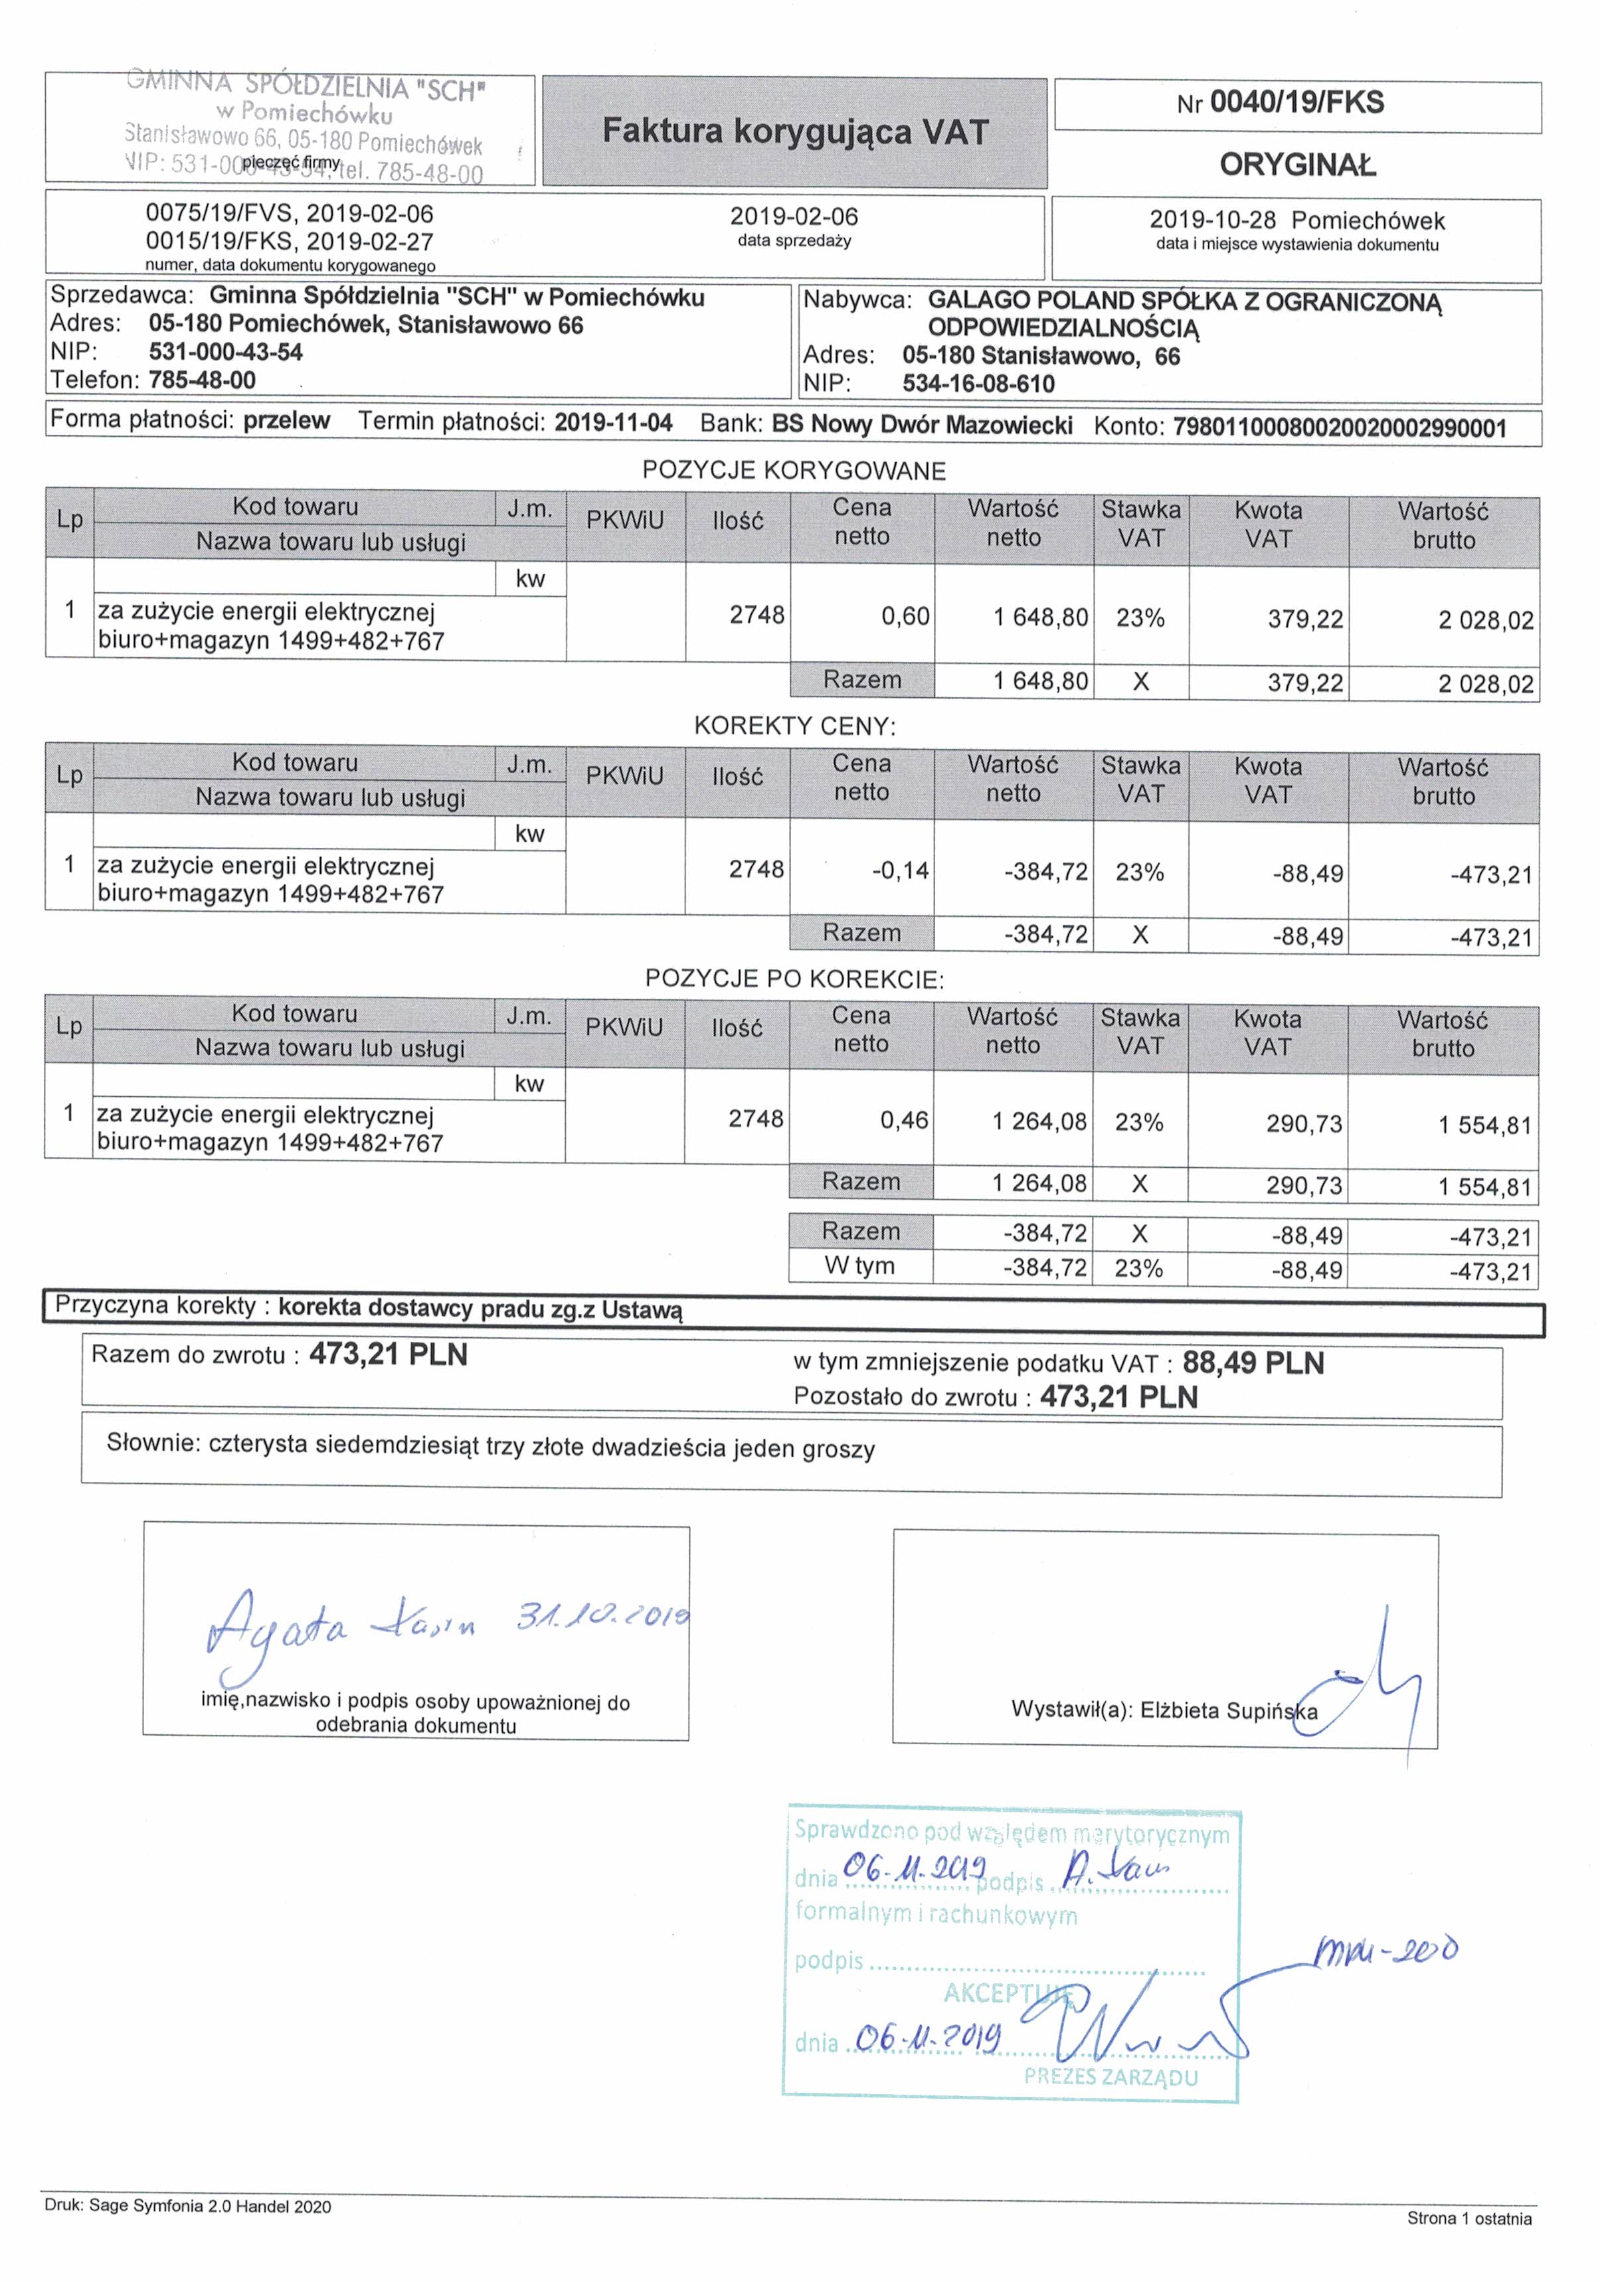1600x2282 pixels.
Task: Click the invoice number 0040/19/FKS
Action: (1296, 102)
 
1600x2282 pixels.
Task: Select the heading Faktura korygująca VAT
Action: (794, 132)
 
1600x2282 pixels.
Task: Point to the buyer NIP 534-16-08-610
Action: (978, 384)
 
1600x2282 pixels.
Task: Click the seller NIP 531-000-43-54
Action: (226, 352)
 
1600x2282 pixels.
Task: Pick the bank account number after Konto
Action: (1340, 428)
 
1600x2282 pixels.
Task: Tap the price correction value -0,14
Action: (900, 872)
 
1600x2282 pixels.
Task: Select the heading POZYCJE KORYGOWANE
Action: (794, 471)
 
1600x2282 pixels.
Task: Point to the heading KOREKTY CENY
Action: (794, 726)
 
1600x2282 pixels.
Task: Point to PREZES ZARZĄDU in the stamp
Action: (1111, 2076)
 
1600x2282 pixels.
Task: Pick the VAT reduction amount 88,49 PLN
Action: (1253, 1362)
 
